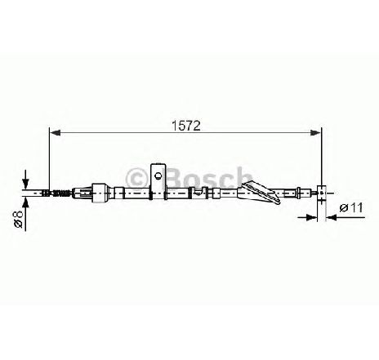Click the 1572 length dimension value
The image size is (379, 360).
[x=186, y=126]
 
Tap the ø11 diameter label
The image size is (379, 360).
[x=351, y=208]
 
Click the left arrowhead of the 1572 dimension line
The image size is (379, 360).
[x=56, y=132]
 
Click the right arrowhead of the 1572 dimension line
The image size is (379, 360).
[x=316, y=132]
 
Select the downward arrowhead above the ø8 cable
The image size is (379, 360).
[x=25, y=184]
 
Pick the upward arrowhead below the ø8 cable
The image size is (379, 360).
[x=25, y=202]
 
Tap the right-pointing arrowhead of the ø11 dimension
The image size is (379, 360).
[x=312, y=217]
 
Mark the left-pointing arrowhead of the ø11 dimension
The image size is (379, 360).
[x=331, y=217]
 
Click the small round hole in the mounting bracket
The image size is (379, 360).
[x=158, y=176]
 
